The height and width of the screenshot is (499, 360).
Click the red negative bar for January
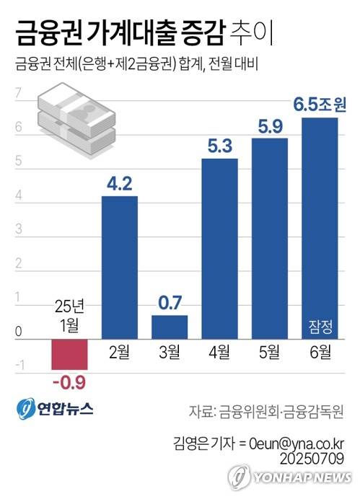tap(69, 353)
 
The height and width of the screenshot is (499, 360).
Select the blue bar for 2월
tap(119, 267)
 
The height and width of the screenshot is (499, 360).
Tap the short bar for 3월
tap(170, 327)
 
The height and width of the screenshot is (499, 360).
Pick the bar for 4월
tap(219, 249)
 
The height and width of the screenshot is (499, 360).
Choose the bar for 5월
tap(270, 238)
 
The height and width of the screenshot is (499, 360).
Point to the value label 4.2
tap(119, 184)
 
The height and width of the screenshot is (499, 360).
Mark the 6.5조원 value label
tap(320, 105)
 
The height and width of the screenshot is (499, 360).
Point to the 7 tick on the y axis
tap(18, 93)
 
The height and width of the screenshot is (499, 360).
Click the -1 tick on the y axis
tap(18, 366)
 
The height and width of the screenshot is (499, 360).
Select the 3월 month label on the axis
tap(170, 353)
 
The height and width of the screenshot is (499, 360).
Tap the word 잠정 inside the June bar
tap(320, 325)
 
